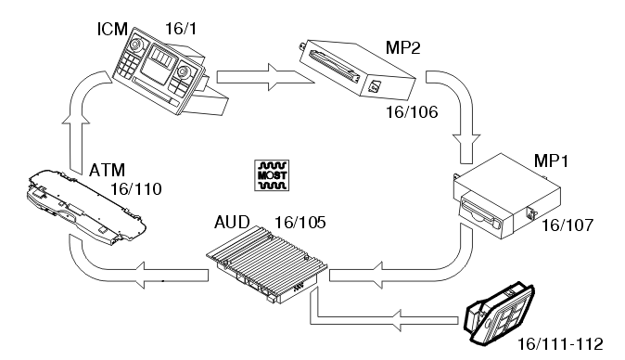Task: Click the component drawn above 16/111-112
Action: point(500,312)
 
